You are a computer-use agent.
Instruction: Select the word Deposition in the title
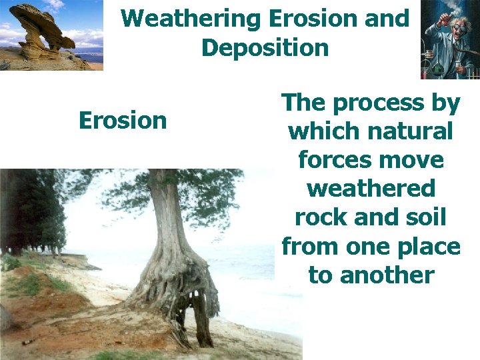coord(265,48)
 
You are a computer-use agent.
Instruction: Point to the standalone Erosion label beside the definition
coord(123,121)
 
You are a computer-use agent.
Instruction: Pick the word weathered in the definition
coord(371,189)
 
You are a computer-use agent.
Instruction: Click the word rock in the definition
coord(312,218)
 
